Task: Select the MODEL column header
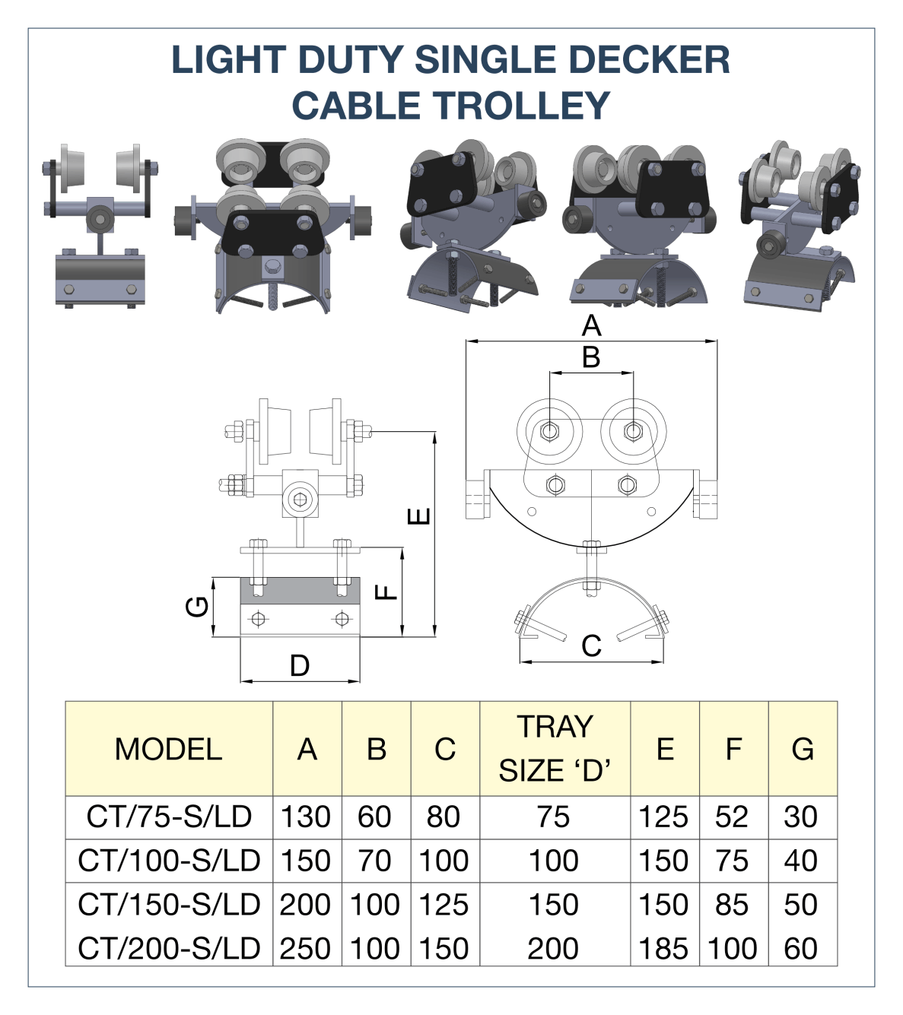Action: [168, 750]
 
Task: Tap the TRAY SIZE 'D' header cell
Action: [555, 749]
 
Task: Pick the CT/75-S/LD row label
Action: [169, 817]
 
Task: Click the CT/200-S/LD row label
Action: [169, 949]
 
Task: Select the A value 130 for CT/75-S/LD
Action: [306, 817]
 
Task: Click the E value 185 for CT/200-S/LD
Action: [663, 949]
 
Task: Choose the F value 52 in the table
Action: [732, 817]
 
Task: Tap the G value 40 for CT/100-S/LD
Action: [801, 861]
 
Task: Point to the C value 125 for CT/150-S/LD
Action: [444, 905]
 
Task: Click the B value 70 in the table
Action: [375, 861]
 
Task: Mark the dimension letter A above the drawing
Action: [591, 326]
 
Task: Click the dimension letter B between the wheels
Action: [591, 357]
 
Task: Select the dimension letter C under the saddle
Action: [591, 646]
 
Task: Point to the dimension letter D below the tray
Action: [300, 666]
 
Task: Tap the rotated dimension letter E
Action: [419, 517]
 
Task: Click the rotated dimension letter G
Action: [197, 606]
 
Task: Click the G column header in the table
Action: [803, 750]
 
